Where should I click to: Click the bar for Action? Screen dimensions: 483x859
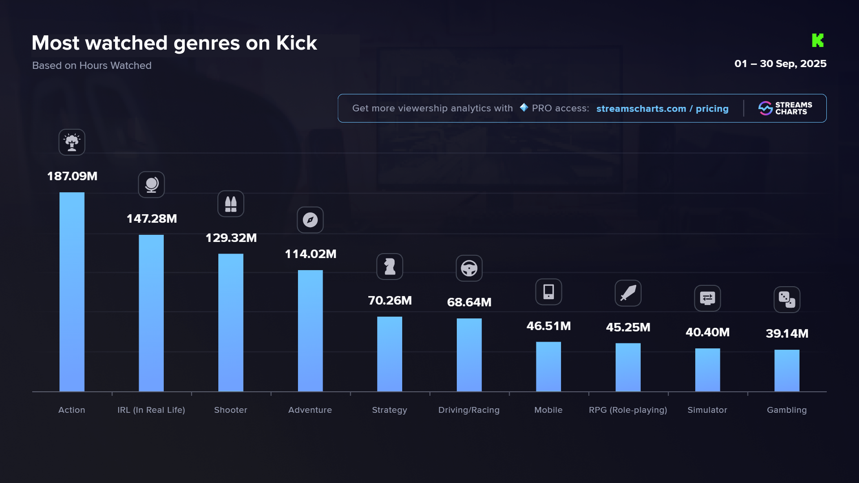(72, 292)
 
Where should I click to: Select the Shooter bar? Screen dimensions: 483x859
(230, 322)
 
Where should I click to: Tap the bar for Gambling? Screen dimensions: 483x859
(787, 370)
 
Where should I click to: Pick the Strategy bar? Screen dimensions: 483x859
(389, 354)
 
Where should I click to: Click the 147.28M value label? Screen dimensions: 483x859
(152, 219)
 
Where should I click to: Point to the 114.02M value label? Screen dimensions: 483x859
(310, 254)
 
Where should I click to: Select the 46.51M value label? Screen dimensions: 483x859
(549, 326)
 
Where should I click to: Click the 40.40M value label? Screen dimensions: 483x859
(707, 332)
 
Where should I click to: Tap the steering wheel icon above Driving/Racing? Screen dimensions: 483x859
(469, 268)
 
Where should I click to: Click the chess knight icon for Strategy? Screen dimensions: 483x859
(389, 267)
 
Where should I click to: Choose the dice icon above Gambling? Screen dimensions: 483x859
(787, 299)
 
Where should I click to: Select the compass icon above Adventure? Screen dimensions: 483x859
(310, 220)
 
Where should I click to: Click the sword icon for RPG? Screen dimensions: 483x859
(628, 293)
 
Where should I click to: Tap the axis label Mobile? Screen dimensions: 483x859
(548, 410)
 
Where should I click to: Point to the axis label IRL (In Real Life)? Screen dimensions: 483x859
(151, 410)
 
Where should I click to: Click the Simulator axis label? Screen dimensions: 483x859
(707, 410)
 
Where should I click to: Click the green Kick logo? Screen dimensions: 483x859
(817, 40)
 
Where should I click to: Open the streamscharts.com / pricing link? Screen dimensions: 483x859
(662, 109)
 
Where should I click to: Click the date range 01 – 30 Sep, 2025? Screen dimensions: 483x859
(780, 64)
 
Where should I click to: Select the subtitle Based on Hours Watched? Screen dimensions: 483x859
(92, 65)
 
